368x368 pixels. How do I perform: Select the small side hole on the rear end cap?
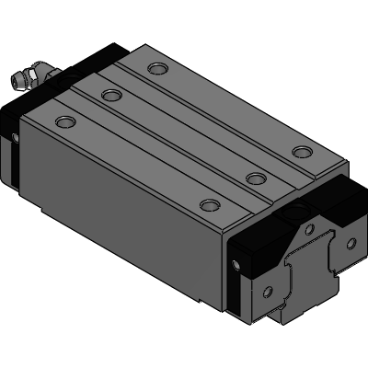point(15,139)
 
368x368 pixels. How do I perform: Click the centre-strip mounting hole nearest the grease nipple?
point(111,95)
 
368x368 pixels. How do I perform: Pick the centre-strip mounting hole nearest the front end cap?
point(253,178)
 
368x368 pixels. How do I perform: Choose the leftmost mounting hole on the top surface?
point(63,121)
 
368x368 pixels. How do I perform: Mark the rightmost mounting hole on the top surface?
point(300,151)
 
